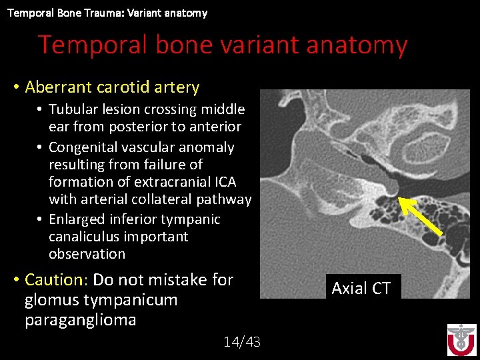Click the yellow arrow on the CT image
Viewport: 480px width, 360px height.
421,215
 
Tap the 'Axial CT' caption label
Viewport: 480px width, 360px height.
361,288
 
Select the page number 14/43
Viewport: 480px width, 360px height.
242,342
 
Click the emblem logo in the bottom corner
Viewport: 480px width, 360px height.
461,340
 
